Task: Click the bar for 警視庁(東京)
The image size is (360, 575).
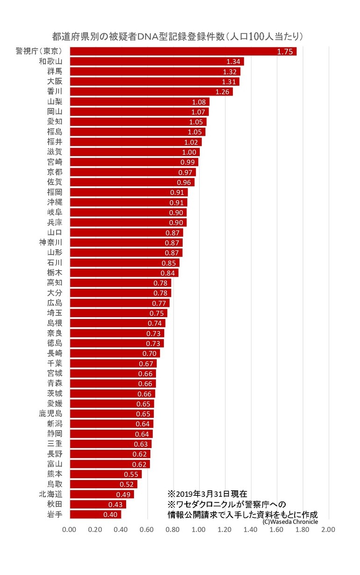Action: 182,51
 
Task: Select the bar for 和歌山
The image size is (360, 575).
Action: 157,62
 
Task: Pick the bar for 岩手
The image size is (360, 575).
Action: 95,515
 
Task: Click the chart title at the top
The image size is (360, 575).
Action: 179,36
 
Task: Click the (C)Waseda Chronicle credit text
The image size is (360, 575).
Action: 290,522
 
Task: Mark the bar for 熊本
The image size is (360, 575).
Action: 105,474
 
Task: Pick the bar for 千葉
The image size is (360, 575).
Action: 113,364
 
